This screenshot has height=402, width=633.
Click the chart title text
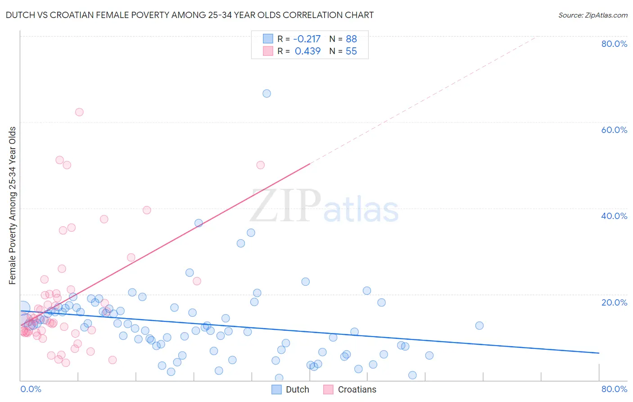click(190, 15)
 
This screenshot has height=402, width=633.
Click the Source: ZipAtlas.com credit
click(592, 15)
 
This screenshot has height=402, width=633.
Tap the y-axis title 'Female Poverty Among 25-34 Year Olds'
click(13, 206)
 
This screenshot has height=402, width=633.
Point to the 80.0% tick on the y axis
click(614, 44)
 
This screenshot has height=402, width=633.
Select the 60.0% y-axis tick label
click(614, 130)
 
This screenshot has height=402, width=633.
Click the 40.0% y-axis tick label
click(614, 216)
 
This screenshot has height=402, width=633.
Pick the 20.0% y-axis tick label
click(614, 302)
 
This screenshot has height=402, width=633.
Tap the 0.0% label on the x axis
click(31, 389)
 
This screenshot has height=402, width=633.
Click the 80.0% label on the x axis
click(614, 389)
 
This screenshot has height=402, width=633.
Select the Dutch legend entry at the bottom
click(291, 389)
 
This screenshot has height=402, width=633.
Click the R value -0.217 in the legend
click(307, 39)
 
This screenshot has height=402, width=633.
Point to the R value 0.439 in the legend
click(307, 51)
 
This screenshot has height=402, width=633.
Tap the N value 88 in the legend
click(351, 39)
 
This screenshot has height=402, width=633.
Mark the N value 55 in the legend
click(351, 51)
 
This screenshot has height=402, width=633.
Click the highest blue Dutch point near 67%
click(267, 93)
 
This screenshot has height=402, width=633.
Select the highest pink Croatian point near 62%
click(79, 112)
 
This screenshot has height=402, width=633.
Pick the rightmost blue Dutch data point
click(479, 325)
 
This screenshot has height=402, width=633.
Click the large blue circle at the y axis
click(23, 309)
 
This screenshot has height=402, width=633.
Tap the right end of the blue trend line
click(599, 353)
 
